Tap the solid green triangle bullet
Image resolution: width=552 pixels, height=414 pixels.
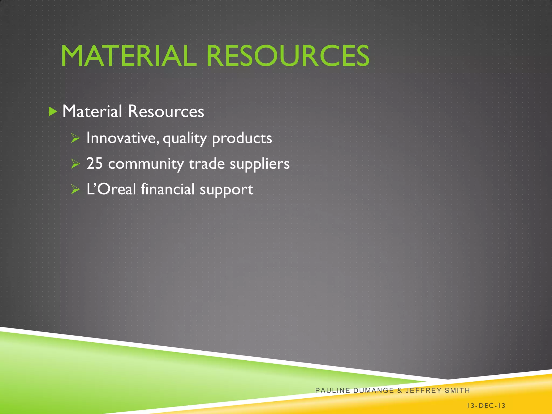tap(53, 112)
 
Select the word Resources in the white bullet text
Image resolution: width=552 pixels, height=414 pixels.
tap(166, 111)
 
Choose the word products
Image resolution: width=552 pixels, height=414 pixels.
tap(242, 139)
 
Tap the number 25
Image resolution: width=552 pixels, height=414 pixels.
tap(95, 164)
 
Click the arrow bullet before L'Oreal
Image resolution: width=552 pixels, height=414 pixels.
tap(75, 190)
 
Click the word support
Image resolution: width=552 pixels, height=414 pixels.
tap(226, 190)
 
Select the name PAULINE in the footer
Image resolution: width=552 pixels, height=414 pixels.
tap(333, 390)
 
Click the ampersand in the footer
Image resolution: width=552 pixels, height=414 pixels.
tap(399, 390)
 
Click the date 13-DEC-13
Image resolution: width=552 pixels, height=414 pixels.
tap(486, 406)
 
